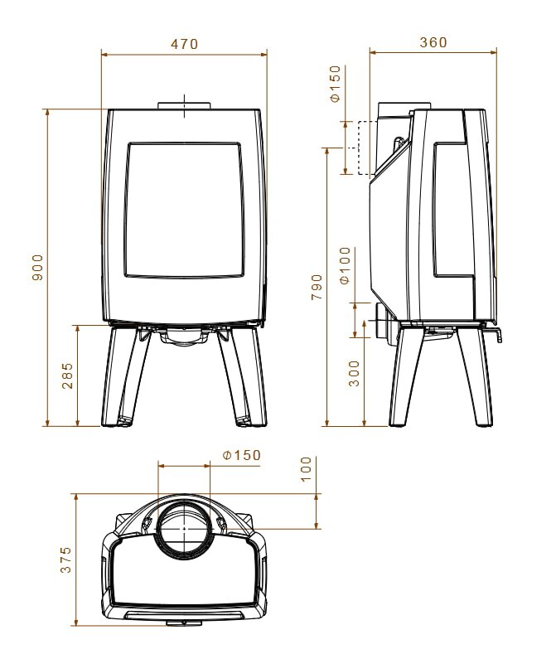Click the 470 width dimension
click(184, 44)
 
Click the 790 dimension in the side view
click(317, 286)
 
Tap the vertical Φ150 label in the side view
click(336, 85)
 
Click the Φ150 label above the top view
click(241, 455)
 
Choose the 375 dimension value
click(66, 560)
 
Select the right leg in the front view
click(246, 377)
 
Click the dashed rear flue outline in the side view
click(361, 148)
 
